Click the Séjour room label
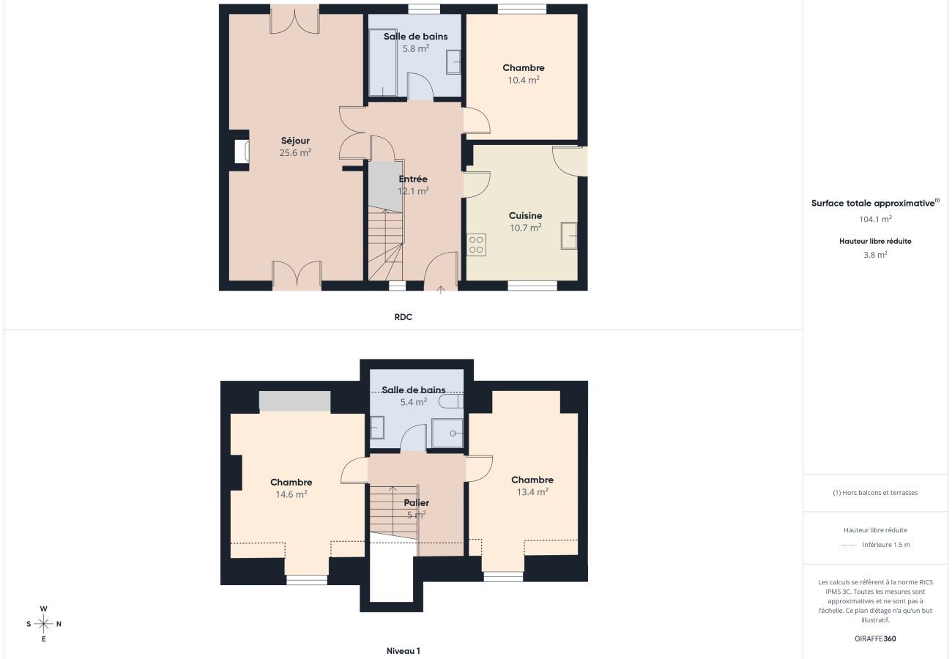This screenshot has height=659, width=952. [x=295, y=141]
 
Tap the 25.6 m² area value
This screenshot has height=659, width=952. [x=295, y=152]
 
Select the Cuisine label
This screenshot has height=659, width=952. [x=525, y=215]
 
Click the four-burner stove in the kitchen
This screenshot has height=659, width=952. [x=476, y=245]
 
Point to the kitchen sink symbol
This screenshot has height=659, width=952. [x=569, y=235]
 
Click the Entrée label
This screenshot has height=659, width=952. [x=413, y=179]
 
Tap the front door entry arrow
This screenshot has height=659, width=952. [x=441, y=290]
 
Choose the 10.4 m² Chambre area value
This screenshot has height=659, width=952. [x=524, y=80]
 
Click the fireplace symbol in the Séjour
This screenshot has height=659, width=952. [x=242, y=152]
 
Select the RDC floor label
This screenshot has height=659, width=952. [x=403, y=317]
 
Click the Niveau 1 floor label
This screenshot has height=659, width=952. [x=403, y=650]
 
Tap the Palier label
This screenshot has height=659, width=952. [x=417, y=502]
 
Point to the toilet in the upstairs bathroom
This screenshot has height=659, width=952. [x=451, y=401]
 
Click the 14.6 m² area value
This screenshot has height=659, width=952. [x=291, y=494]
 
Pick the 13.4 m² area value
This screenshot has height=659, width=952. [x=532, y=491]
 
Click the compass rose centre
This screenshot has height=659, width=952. [x=43, y=624]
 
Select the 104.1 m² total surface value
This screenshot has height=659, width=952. [x=875, y=219]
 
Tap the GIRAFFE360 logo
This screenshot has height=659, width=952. [x=875, y=638]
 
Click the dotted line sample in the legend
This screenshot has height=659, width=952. [x=848, y=545]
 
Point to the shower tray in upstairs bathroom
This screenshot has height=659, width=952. [x=447, y=433]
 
